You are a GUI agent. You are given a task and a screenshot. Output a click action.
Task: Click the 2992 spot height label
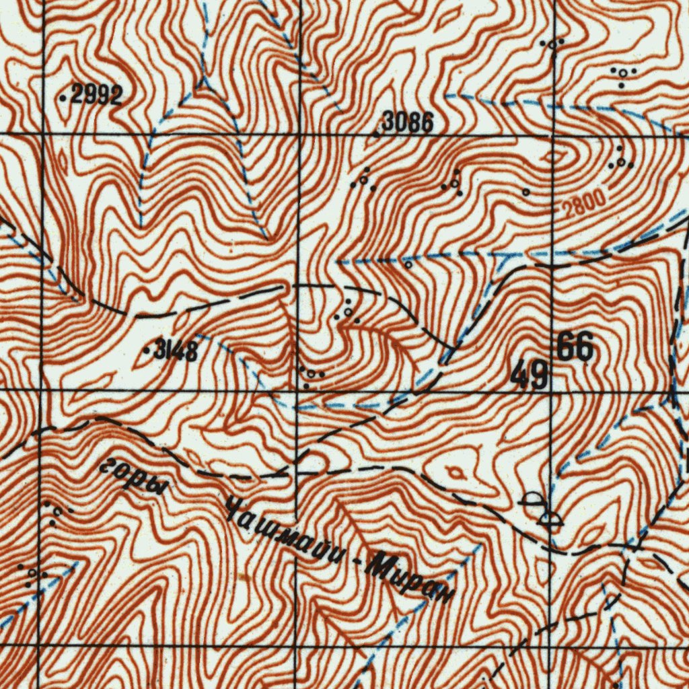96,96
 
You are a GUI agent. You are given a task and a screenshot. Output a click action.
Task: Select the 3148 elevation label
176,351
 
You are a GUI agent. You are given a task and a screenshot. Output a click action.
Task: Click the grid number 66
575,349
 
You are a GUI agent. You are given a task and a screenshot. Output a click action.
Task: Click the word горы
133,476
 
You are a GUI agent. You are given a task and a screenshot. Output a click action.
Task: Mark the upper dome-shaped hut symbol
533,500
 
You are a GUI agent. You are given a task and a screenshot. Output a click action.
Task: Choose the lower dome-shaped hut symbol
552,518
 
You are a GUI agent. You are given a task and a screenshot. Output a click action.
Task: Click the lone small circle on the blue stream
408,264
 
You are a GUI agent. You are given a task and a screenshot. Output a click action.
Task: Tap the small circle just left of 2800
525,192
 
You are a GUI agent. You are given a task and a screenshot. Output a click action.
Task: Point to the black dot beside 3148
147,351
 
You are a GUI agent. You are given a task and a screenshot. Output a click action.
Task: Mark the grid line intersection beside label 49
551,391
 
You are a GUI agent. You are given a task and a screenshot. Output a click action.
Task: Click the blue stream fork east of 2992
202,86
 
